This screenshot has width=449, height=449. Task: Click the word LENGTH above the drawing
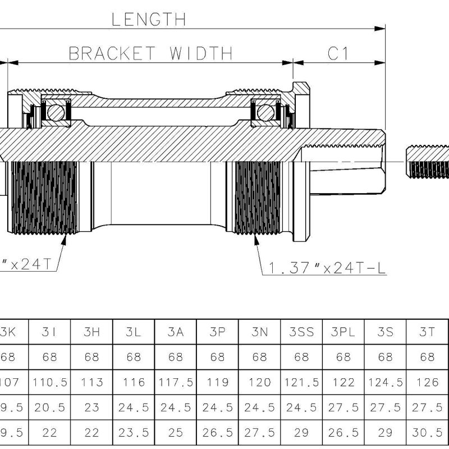tap(148, 20)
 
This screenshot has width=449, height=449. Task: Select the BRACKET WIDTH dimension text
tap(150, 53)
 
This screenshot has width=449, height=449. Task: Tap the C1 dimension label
tap(338, 53)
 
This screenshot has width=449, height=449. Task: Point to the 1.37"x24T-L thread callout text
tap(327, 268)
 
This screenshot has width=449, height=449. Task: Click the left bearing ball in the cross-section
tap(56, 113)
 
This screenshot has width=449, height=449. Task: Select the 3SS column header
tap(301, 332)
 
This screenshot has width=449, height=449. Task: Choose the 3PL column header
tap(343, 332)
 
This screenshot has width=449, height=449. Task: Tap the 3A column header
tap(176, 332)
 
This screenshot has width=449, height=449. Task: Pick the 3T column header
tap(428, 332)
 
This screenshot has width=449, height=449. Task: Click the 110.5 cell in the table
tap(50, 382)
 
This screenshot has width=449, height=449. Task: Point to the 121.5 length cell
tap(301, 382)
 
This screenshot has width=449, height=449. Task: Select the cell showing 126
tap(428, 382)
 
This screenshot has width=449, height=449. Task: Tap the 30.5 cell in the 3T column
tap(428, 433)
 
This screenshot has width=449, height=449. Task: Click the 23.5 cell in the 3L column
tap(134, 433)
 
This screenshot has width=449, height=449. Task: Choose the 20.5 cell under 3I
tap(50, 407)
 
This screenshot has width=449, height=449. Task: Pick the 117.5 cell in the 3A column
tap(176, 382)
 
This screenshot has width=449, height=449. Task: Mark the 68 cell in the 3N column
tap(259, 357)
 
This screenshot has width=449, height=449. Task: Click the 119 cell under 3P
tap(218, 382)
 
